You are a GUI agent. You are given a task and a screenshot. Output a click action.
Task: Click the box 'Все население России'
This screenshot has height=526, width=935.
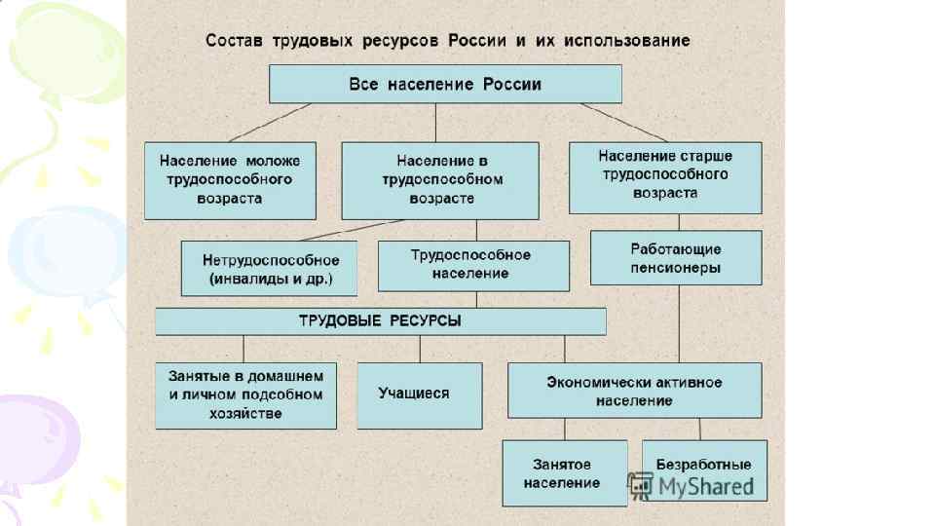(x=445, y=84)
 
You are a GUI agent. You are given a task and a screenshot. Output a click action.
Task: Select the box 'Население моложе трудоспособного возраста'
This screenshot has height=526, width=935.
(x=230, y=180)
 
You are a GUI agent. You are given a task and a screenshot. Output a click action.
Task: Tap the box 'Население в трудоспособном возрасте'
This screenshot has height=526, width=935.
(x=439, y=180)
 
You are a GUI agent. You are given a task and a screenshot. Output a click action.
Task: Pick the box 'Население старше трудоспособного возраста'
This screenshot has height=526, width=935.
(x=665, y=176)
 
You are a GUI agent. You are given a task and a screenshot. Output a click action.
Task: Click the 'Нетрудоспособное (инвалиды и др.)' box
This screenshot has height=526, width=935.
(x=269, y=268)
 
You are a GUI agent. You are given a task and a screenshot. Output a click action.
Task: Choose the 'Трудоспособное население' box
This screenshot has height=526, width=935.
(x=473, y=265)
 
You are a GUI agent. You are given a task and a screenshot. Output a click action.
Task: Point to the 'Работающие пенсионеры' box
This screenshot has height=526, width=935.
(x=675, y=257)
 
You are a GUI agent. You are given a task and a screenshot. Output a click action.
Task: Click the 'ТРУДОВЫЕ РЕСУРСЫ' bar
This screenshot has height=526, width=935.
(x=380, y=321)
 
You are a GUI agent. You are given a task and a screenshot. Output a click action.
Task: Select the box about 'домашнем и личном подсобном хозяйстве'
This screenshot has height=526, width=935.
(x=245, y=394)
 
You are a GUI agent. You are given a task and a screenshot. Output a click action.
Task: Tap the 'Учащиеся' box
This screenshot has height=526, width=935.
(x=419, y=394)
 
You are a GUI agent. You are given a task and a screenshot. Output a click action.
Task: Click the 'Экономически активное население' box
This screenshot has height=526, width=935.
(x=634, y=391)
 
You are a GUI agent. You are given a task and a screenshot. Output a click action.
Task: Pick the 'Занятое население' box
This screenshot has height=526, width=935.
(x=564, y=473)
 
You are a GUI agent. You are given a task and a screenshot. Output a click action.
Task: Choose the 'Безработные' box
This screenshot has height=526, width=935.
(x=704, y=464)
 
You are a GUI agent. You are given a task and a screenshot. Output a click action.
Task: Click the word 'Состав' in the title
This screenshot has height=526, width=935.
(x=232, y=41)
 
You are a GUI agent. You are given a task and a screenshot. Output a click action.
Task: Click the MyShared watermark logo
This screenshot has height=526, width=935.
(x=691, y=485)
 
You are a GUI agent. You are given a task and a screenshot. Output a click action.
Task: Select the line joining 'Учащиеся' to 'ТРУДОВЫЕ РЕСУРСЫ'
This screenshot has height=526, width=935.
(x=420, y=349)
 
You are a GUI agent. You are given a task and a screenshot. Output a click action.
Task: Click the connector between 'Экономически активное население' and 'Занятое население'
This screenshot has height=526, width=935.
(x=565, y=430)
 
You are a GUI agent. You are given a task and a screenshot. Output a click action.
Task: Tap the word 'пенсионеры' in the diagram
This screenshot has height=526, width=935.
(x=675, y=267)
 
